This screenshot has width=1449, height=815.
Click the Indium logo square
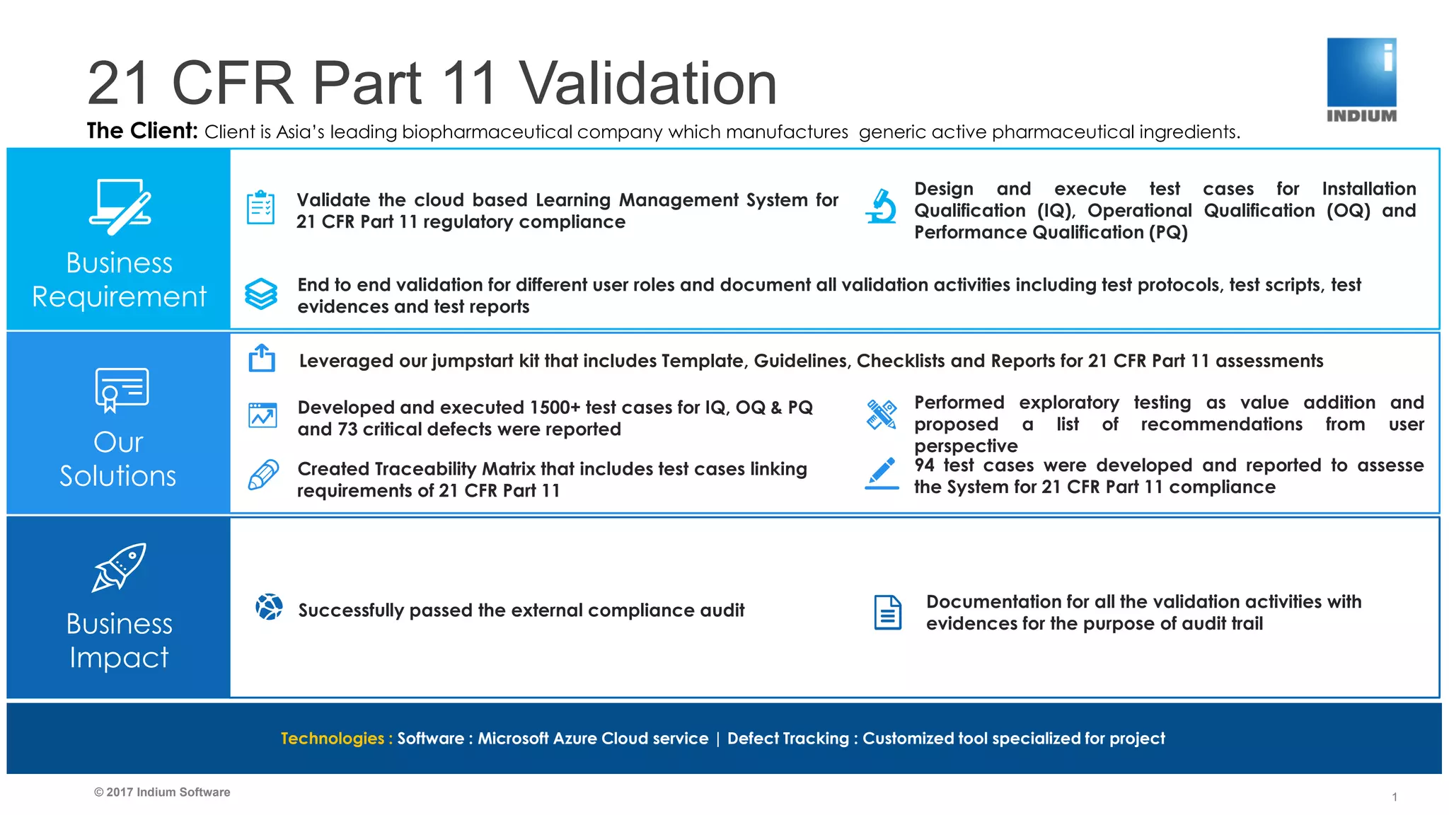pos(1361,72)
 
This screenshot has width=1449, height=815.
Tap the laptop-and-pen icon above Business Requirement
pos(120,207)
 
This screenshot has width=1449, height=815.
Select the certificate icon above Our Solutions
pos(122,389)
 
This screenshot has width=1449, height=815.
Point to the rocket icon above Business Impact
pos(120,567)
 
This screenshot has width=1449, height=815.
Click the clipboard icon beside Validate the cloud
pos(260,208)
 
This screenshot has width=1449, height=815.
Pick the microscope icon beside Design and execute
pos(882,207)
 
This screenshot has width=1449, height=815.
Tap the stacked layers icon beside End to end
pos(261,294)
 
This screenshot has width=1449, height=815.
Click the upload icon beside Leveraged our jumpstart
pos(262,358)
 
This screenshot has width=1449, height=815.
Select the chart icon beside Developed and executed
pos(262,415)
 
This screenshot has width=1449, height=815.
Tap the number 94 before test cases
pos(925,466)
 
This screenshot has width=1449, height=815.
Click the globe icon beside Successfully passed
pos(269,607)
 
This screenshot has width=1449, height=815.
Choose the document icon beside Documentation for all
pos(887,613)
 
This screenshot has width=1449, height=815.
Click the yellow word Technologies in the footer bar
pos(332,739)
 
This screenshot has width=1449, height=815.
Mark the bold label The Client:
pos(142,131)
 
